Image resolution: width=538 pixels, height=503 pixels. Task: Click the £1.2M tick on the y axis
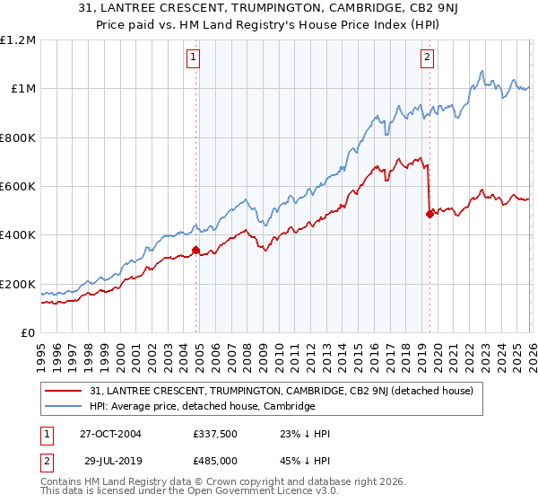click(18, 40)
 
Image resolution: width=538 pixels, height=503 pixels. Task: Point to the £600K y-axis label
click(18, 187)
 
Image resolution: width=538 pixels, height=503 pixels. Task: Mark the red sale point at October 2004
click(195, 251)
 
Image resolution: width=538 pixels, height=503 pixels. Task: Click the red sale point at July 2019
click(430, 214)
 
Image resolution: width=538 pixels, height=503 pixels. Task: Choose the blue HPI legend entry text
click(203, 406)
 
